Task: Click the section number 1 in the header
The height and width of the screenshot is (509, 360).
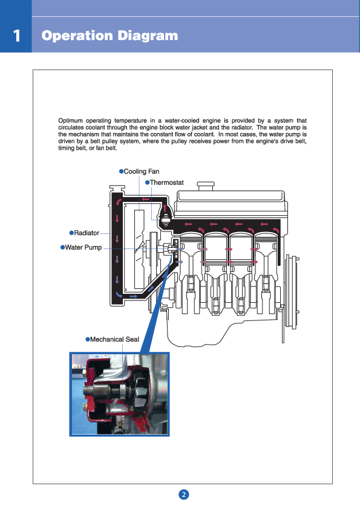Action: [x=16, y=36]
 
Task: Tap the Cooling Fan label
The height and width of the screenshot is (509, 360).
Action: [x=142, y=172]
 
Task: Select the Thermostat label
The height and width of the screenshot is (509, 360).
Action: [x=166, y=183]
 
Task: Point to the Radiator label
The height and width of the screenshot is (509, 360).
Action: [x=87, y=233]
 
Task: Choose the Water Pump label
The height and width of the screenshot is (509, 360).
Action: [x=83, y=247]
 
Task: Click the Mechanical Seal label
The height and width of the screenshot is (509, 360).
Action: [x=114, y=339]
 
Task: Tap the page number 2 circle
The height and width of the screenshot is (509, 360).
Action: [x=184, y=494]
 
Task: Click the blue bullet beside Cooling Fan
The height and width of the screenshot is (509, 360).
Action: [x=121, y=171]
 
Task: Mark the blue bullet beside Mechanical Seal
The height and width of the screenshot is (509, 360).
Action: [x=87, y=339]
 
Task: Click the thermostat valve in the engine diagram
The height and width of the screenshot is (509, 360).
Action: [x=166, y=218]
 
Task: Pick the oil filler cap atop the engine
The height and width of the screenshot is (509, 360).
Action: [x=206, y=186]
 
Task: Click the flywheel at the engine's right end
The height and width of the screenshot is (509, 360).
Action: [x=292, y=291]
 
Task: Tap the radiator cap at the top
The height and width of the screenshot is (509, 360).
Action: [x=117, y=189]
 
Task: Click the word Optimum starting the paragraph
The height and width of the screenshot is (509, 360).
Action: [x=71, y=121]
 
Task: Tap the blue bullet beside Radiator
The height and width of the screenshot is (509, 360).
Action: [x=71, y=233]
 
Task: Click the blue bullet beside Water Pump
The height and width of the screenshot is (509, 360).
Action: [x=63, y=247]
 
